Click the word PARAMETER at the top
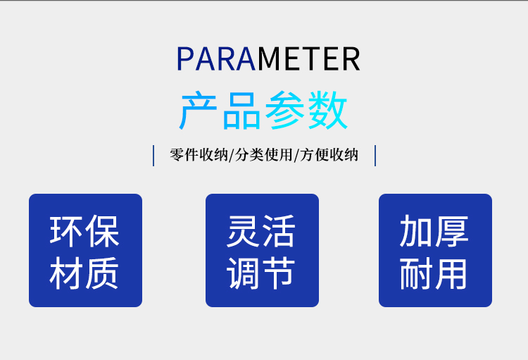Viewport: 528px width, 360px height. (x=268, y=59)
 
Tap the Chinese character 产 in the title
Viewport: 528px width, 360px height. (x=198, y=110)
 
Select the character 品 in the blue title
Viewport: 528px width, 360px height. (x=241, y=111)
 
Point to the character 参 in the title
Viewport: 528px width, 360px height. (x=284, y=110)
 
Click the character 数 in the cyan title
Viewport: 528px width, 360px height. (x=327, y=110)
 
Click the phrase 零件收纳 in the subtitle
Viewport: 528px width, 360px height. (x=199, y=155)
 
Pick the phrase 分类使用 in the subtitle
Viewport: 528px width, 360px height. (x=263, y=155)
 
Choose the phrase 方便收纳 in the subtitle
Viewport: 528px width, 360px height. (x=329, y=155)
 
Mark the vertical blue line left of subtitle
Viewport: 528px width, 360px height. (x=153, y=156)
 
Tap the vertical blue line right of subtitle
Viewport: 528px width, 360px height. (x=375, y=156)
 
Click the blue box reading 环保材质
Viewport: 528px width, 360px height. (x=85, y=250)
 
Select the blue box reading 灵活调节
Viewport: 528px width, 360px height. (x=263, y=250)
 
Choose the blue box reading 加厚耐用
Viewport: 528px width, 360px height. (x=435, y=250)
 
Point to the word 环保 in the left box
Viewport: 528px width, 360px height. (x=84, y=232)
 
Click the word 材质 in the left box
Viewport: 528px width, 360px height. (x=84, y=273)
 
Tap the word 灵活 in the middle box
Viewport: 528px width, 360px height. (x=261, y=231)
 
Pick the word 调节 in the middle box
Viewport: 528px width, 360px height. (x=261, y=273)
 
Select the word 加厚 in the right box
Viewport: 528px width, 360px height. (x=434, y=231)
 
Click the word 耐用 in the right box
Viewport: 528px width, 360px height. (x=434, y=273)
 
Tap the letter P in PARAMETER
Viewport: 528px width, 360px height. (x=184, y=59)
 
